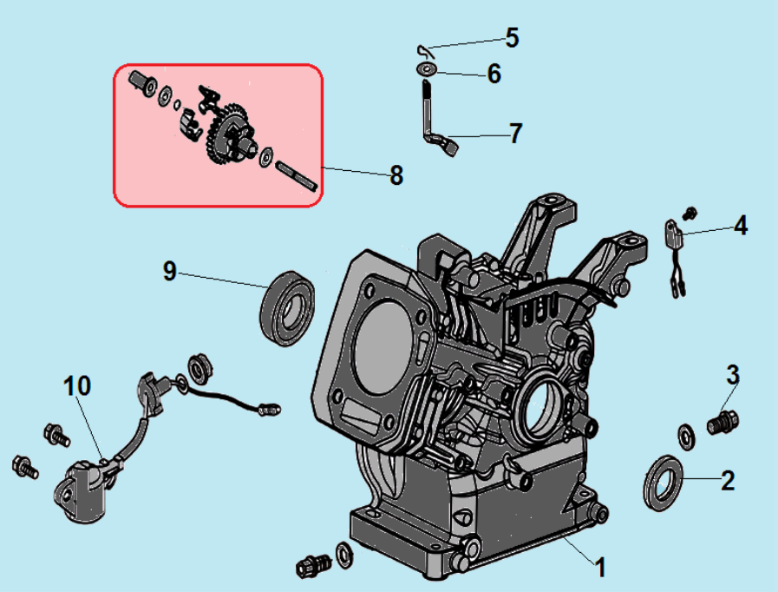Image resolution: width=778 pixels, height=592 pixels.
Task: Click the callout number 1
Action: point(599,568)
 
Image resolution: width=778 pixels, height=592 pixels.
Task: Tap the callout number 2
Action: point(727,480)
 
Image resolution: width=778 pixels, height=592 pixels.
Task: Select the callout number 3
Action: point(733,375)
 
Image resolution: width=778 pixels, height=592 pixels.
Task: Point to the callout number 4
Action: point(739,226)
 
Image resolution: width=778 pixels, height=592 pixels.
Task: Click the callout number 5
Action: point(512,37)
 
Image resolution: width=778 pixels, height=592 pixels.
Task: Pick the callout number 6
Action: point(494,74)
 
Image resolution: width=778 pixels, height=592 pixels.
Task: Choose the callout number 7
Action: point(515,134)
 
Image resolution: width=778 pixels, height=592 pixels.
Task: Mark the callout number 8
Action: point(396,175)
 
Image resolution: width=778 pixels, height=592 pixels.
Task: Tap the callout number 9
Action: point(169,271)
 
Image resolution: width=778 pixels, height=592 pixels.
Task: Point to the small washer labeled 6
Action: point(426,67)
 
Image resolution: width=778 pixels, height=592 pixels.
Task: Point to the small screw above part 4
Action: point(691,212)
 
